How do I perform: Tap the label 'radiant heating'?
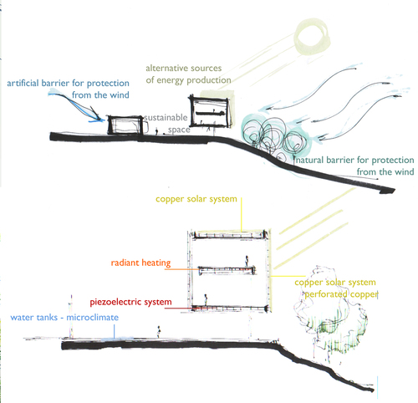(x=140, y=263)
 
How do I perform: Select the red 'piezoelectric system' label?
(x=130, y=302)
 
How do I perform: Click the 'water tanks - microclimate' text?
(x=64, y=318)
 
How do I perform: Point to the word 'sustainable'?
(x=166, y=117)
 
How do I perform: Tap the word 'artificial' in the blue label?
(x=23, y=83)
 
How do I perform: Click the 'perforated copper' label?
(x=341, y=294)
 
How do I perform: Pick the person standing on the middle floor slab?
(x=247, y=261)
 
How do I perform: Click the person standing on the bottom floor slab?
(x=206, y=299)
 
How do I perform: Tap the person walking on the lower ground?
(x=159, y=332)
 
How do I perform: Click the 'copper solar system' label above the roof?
(x=196, y=199)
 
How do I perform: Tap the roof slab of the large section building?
(x=229, y=235)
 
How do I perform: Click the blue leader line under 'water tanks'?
(x=114, y=331)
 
